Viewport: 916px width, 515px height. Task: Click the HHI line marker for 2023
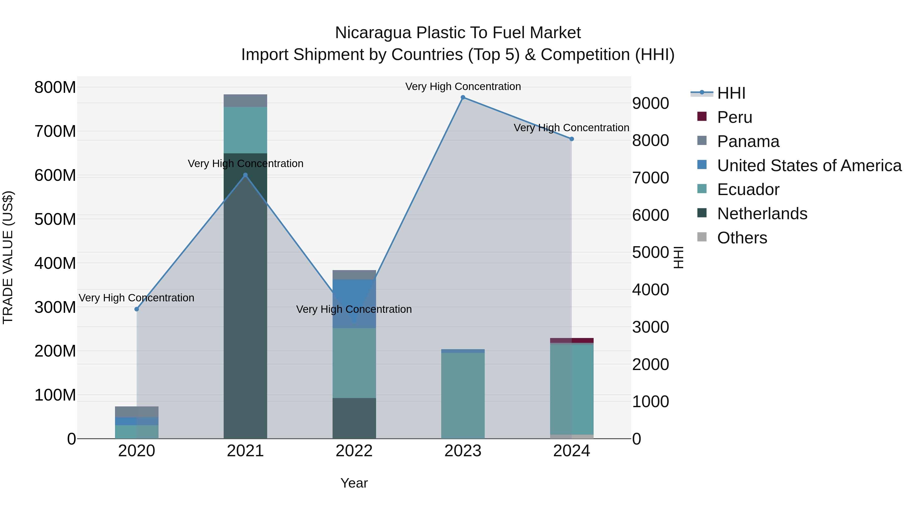click(x=463, y=97)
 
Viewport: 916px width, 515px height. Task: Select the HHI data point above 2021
click(x=245, y=175)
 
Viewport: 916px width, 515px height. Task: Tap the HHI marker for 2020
click(x=137, y=309)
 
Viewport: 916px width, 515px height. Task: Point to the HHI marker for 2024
click(x=571, y=139)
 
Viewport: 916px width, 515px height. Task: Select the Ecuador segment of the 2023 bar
click(x=463, y=394)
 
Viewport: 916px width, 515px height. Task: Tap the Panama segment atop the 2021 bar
click(x=245, y=100)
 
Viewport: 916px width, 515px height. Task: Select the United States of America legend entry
click(x=809, y=166)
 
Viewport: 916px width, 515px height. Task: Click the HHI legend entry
click(x=731, y=93)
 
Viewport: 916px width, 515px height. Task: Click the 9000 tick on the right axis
click(x=650, y=104)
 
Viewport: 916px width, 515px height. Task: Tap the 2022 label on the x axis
click(x=354, y=451)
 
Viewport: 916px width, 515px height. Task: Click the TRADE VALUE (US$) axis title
click(x=8, y=257)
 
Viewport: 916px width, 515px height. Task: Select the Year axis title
click(x=354, y=483)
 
